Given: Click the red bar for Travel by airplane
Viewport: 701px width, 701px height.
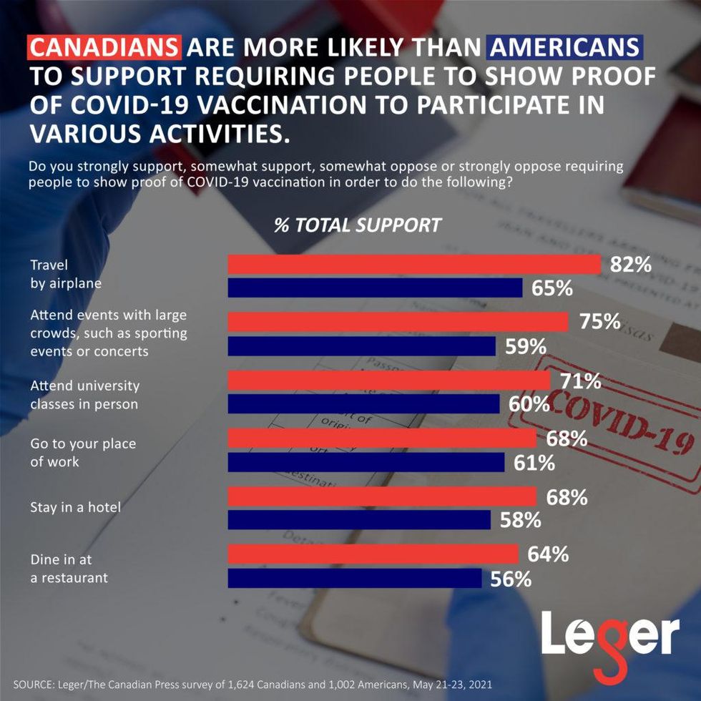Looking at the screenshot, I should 413,264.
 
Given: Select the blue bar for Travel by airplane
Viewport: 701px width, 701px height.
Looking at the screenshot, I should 375,288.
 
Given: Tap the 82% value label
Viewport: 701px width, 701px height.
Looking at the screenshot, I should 630,264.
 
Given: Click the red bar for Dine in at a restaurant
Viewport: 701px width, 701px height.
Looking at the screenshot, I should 373,554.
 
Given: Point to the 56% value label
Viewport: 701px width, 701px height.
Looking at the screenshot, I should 511,578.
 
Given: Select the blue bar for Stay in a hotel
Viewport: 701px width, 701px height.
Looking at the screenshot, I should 359,520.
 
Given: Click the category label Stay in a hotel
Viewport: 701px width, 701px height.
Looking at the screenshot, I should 75,508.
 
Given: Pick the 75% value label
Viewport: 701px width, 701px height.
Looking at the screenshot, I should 599,322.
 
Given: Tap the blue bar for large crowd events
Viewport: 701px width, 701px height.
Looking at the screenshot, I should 361,346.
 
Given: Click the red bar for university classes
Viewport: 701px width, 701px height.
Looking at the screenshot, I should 388,380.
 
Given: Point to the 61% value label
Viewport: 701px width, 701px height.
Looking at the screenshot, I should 534,463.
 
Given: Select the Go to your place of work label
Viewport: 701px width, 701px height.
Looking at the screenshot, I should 82,453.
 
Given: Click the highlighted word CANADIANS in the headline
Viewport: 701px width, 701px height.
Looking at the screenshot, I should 104,48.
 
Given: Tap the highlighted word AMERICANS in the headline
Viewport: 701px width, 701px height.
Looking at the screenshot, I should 564,48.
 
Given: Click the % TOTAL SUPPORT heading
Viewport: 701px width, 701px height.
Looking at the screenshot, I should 358,225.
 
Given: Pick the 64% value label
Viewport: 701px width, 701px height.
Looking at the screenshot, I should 548,554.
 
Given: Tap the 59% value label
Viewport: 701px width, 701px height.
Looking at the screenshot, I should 525,346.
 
